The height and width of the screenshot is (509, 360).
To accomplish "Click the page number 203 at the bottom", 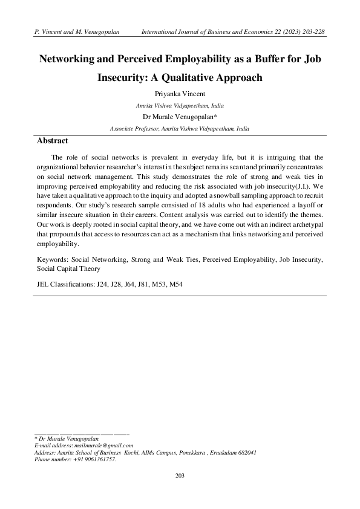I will click(x=180, y=477).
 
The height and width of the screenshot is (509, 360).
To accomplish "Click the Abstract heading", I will click(x=53, y=140).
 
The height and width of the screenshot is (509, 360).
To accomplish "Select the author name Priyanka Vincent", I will click(x=180, y=94).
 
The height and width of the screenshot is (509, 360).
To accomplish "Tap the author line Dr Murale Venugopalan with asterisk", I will click(x=180, y=117).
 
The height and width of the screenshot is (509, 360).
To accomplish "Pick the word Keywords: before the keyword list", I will click(x=53, y=259).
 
